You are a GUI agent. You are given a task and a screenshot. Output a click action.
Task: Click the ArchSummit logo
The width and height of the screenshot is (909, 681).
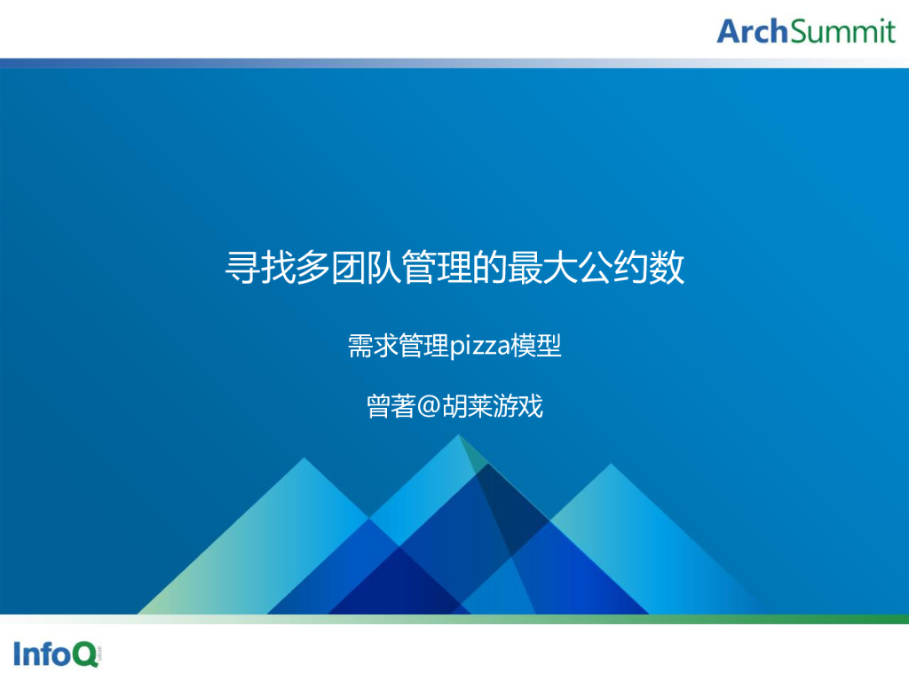tap(806, 31)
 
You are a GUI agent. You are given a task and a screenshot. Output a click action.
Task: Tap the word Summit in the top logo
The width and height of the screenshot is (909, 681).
tap(842, 31)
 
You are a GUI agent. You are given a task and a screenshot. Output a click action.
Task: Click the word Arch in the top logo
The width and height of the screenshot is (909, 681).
tap(752, 31)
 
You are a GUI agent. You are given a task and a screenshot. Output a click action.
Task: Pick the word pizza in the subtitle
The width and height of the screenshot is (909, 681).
tap(479, 346)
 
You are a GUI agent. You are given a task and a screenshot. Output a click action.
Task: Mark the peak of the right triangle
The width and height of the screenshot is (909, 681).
tap(609, 464)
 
